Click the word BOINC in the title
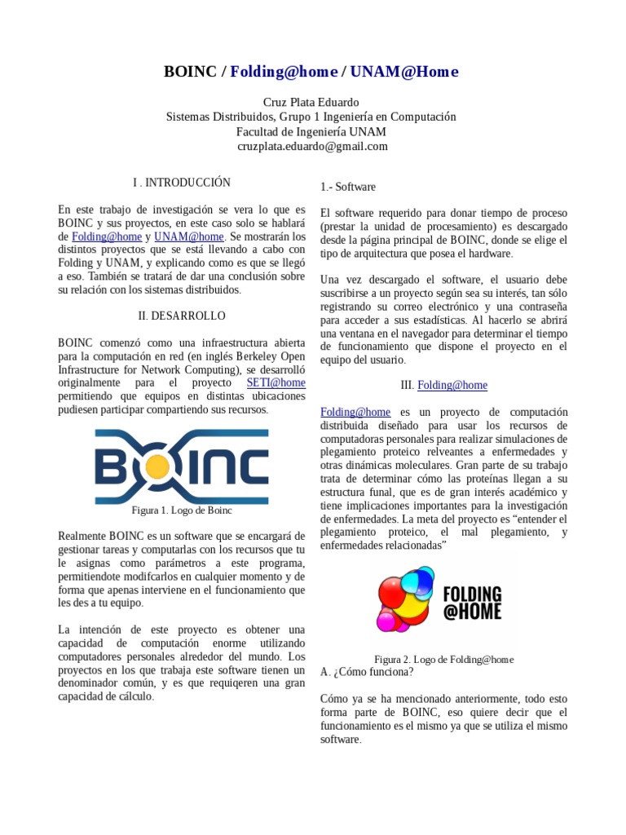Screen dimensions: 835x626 190,72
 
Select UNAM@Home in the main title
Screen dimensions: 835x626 404,72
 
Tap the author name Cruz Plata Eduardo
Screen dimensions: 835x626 311,102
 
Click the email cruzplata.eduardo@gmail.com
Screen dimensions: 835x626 312,146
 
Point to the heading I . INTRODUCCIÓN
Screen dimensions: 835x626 181,183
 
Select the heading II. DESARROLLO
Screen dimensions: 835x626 181,316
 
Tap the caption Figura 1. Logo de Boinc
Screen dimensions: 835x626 182,510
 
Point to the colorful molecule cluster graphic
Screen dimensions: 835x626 407,599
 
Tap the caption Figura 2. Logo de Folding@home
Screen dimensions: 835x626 443,659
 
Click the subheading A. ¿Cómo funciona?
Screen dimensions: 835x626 367,672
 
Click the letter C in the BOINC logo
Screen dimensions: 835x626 247,467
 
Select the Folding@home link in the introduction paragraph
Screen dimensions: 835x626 106,236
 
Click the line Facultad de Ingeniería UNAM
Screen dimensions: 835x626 311,131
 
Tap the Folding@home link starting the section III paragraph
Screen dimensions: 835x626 355,412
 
